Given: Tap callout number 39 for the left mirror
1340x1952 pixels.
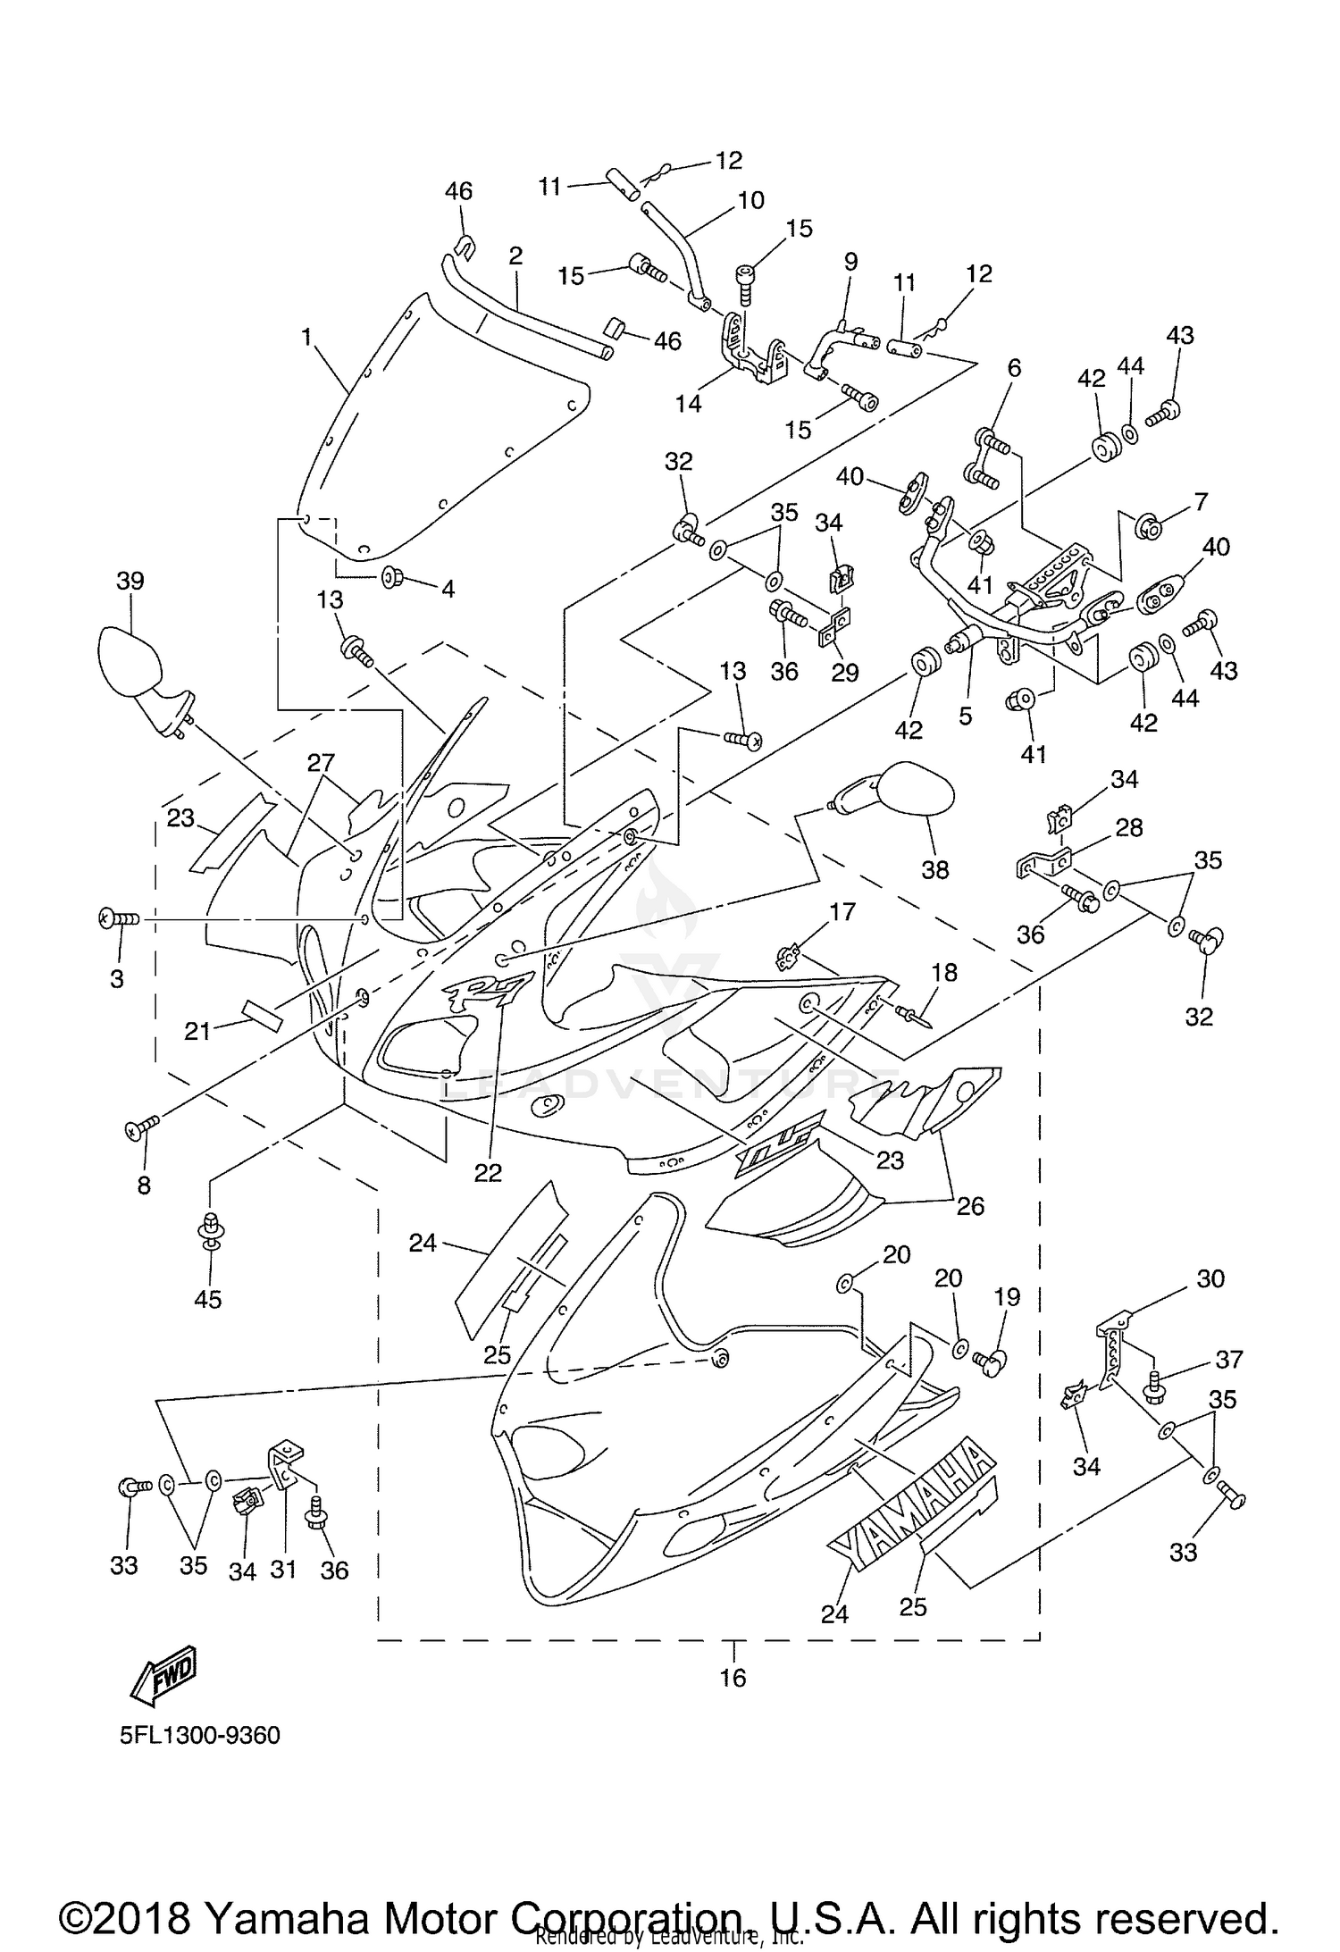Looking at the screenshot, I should [x=130, y=582].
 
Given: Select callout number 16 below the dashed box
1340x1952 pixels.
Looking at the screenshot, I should [x=733, y=1678].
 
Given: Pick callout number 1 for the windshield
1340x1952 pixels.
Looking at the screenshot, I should [x=306, y=338].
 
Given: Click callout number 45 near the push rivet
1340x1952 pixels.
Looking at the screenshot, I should [x=208, y=1299].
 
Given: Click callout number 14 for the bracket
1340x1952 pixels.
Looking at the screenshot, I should [x=688, y=404].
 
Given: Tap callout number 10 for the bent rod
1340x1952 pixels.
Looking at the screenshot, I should [x=751, y=200].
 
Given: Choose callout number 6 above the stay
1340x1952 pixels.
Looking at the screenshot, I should [x=1013, y=368].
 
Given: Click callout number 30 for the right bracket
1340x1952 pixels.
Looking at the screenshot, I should [x=1210, y=1278].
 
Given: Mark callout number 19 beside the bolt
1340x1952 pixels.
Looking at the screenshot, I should [x=1007, y=1297].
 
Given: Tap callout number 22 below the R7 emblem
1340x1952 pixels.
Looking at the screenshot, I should [x=488, y=1172].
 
